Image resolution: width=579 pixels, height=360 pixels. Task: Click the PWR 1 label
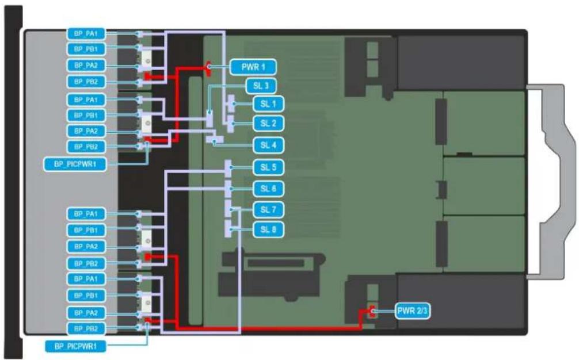pos(253,67)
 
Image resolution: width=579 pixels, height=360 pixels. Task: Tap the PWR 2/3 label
pos(412,311)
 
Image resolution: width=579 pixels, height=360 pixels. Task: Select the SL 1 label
pos(268,104)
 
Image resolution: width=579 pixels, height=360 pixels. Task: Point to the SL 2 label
pos(268,123)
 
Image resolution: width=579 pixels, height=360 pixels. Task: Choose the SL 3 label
pos(261,86)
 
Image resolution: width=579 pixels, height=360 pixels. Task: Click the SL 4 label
pos(268,145)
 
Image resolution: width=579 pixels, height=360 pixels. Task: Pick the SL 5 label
pos(268,167)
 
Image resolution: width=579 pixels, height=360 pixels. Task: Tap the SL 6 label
pos(268,189)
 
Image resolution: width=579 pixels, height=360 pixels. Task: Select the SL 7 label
pos(268,210)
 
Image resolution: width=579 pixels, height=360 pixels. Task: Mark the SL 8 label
pos(268,229)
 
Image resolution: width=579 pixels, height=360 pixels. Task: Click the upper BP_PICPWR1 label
pos(75,164)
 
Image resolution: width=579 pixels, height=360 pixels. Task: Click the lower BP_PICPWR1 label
pos(76,346)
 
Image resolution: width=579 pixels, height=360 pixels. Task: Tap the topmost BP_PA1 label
pos(86,34)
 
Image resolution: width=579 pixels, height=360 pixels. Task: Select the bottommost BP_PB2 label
pos(86,328)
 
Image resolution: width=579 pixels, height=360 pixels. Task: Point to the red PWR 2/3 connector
pos(371,312)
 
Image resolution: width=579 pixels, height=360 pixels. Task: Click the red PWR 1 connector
pos(208,68)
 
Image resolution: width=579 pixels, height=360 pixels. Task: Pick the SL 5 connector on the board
pos(228,168)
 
